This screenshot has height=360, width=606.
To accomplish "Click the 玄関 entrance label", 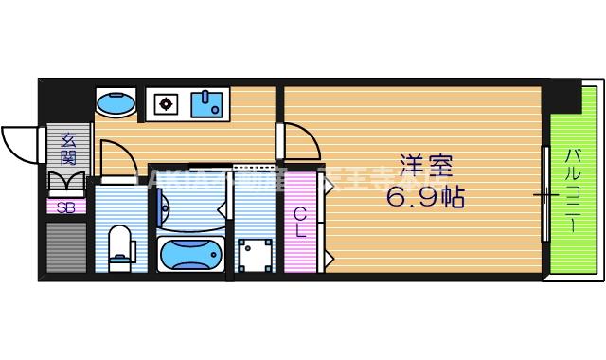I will pyautogui.click(x=68, y=149).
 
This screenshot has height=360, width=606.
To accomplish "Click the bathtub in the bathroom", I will pyautogui.click(x=191, y=254).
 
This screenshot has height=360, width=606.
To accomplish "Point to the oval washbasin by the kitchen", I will pyautogui.click(x=116, y=102).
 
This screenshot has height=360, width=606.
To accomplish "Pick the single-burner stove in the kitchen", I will pyautogui.click(x=165, y=102).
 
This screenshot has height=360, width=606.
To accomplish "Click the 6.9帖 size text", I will pyautogui.click(x=426, y=200).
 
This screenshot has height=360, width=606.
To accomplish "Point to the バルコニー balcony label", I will pyautogui.click(x=575, y=190).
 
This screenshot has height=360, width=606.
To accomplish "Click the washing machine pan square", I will pyautogui.click(x=255, y=254).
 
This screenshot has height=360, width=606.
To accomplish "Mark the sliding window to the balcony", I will pyautogui.click(x=544, y=194).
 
